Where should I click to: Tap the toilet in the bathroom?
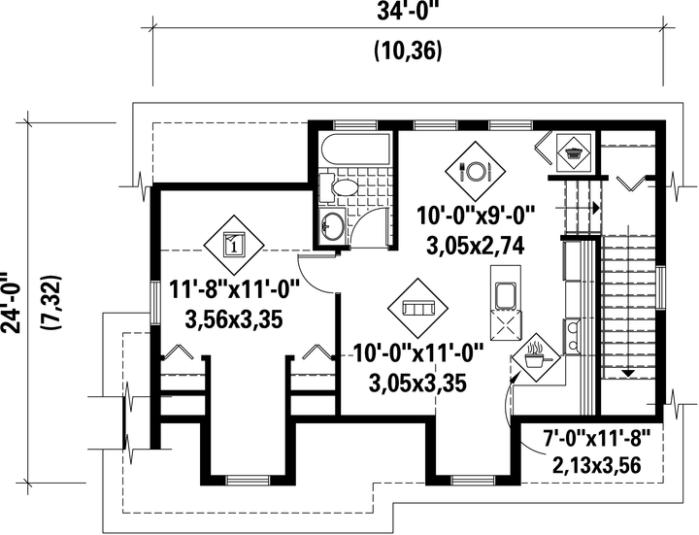tap(339, 187)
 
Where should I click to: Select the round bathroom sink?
tap(332, 225)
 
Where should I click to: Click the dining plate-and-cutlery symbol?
tap(476, 171)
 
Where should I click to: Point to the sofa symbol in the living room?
tap(417, 308)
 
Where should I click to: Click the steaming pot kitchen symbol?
tap(535, 356)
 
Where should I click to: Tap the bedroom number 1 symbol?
tap(234, 245)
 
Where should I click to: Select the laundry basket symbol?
tap(574, 152)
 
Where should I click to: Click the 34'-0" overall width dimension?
tap(406, 12)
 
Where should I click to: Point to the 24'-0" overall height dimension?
tap(11, 302)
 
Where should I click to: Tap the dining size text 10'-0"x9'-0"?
tap(476, 217)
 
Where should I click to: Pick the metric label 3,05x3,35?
tap(417, 383)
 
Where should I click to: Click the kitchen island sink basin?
tap(505, 295)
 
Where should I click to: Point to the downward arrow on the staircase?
tap(628, 374)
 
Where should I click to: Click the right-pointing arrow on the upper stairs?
tap(596, 208)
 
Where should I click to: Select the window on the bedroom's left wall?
tap(153, 303)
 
